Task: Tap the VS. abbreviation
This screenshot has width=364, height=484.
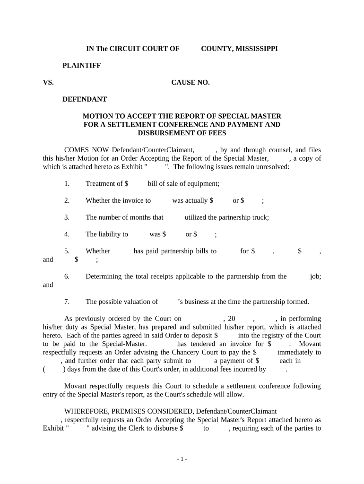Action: tap(48, 83)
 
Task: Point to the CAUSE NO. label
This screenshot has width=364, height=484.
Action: tap(190, 83)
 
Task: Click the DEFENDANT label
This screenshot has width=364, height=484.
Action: tap(85, 99)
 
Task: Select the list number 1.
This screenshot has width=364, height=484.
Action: tap(67, 183)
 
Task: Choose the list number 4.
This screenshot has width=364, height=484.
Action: tap(67, 234)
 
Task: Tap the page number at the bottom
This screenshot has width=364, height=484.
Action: tap(182, 459)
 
